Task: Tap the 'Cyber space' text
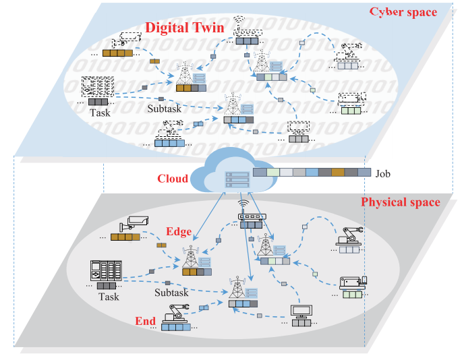tap(403, 12)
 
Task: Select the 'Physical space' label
tap(401, 202)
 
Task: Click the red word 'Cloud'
tap(173, 179)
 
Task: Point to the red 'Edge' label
tap(179, 232)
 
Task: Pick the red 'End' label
tap(145, 321)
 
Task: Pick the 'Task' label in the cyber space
tap(100, 113)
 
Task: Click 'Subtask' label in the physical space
tap(171, 293)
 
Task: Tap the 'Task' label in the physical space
tap(108, 297)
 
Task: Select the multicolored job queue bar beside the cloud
tap(312, 173)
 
